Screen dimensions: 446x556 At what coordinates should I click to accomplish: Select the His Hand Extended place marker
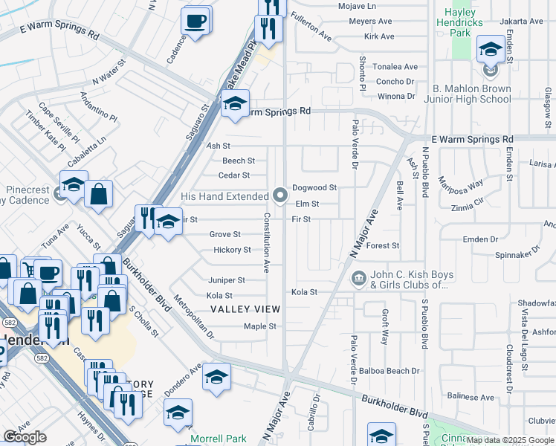tap(280, 195)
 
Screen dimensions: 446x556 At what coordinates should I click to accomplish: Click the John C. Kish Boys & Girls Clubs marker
tap(357, 279)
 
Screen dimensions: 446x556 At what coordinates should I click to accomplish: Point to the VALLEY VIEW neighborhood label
tap(245, 309)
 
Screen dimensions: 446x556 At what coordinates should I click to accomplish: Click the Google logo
tap(25, 437)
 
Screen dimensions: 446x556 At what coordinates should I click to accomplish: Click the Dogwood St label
tap(314, 188)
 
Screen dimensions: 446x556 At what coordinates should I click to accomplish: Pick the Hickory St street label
tap(232, 251)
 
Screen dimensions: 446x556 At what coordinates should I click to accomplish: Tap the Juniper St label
tap(226, 280)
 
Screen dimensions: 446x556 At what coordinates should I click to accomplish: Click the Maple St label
tap(260, 326)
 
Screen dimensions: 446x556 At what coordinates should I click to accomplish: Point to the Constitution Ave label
tap(266, 242)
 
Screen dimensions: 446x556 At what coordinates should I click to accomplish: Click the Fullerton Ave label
tap(311, 25)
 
